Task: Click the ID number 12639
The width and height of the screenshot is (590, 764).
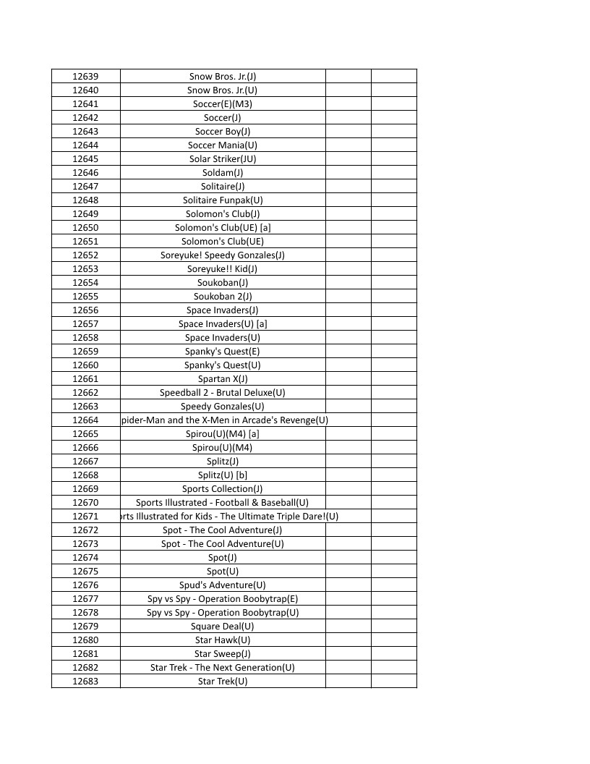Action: pyautogui.click(x=85, y=77)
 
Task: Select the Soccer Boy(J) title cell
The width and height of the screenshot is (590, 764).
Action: pyautogui.click(x=223, y=132)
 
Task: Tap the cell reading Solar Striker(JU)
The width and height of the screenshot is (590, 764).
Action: pyautogui.click(x=223, y=159)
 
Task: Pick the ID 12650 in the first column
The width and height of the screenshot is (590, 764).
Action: pyautogui.click(x=85, y=228)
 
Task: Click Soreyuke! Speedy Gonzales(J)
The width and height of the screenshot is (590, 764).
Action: pyautogui.click(x=223, y=255)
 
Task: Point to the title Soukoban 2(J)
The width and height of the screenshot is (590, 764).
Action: pyautogui.click(x=223, y=297)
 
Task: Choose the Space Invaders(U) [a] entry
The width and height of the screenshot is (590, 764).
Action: pyautogui.click(x=223, y=324)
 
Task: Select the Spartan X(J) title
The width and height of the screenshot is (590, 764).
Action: pyautogui.click(x=223, y=379)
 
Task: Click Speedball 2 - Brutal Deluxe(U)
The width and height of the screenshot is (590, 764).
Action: pyautogui.click(x=223, y=393)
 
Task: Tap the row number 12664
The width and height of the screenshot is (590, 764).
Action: pyautogui.click(x=85, y=420)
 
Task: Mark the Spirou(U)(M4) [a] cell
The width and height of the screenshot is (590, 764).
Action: pyautogui.click(x=223, y=434)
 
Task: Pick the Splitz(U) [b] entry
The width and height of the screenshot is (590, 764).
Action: pyautogui.click(x=223, y=475)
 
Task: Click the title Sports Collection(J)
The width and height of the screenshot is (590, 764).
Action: pyautogui.click(x=223, y=489)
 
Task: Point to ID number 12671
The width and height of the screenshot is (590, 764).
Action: pyautogui.click(x=85, y=517)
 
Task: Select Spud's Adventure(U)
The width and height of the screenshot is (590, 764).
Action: pyautogui.click(x=223, y=585)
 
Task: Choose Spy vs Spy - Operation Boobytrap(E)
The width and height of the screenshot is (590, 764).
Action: pyautogui.click(x=223, y=599)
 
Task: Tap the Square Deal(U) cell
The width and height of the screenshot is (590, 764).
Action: pyautogui.click(x=223, y=627)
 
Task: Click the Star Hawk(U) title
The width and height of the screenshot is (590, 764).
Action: pyautogui.click(x=223, y=640)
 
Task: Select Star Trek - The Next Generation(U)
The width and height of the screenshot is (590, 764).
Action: pyautogui.click(x=223, y=668)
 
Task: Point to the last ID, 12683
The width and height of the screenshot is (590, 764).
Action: pyautogui.click(x=85, y=682)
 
